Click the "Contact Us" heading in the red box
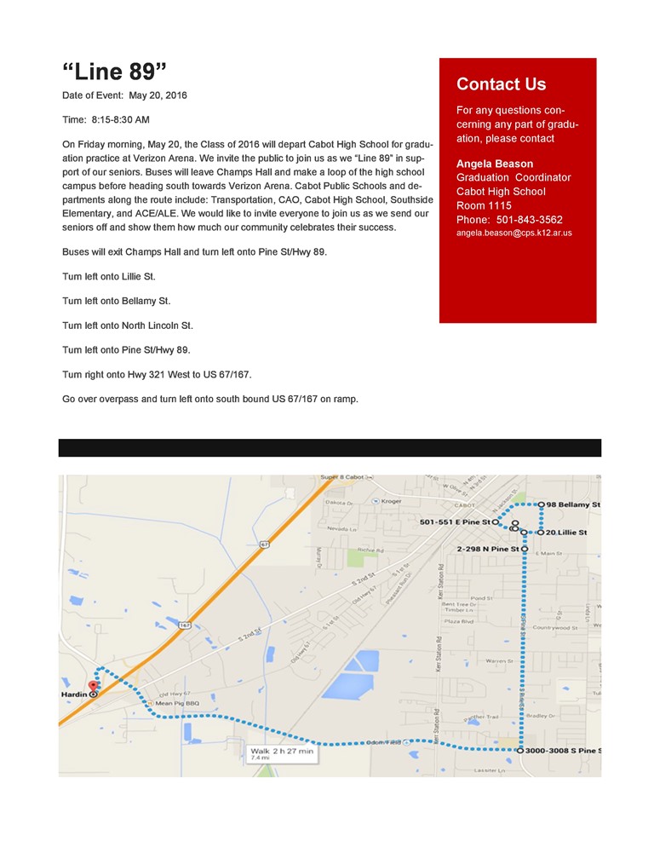click(501, 84)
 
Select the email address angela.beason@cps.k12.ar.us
click(513, 232)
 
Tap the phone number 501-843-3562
click(532, 219)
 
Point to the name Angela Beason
click(495, 164)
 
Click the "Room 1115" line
click(484, 205)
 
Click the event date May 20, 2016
click(158, 95)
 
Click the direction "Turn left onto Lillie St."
click(109, 277)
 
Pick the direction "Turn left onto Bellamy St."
click(116, 301)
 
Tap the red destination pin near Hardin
click(94, 684)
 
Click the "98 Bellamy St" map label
click(572, 504)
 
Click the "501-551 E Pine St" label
click(456, 521)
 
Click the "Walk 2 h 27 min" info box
click(282, 752)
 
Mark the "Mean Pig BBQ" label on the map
click(178, 703)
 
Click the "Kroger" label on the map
click(391, 501)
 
